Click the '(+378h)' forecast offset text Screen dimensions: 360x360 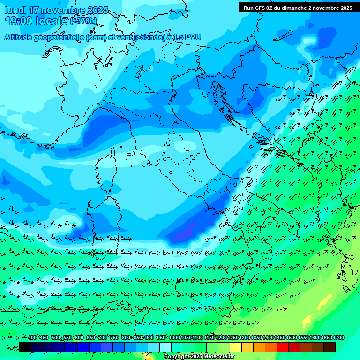[x=83, y=21]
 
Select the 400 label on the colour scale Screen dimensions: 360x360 [x=31, y=338]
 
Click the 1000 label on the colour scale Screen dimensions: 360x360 [x=174, y=338]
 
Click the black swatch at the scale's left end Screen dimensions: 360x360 [x=25, y=347]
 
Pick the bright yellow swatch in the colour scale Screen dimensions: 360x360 [x=236, y=347]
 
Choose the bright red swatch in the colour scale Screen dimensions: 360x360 [x=283, y=347]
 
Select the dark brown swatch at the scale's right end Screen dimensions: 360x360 [x=330, y=347]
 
